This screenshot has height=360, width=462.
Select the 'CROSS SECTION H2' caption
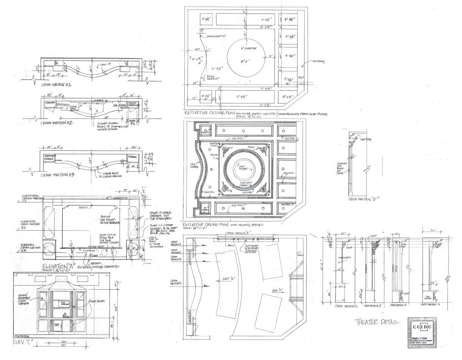[x=58, y=123]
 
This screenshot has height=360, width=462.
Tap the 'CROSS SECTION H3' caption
[x=58, y=174]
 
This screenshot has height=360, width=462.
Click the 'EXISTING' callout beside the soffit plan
[x=318, y=62]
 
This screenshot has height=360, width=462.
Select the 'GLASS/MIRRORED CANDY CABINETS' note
[x=23, y=300]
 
